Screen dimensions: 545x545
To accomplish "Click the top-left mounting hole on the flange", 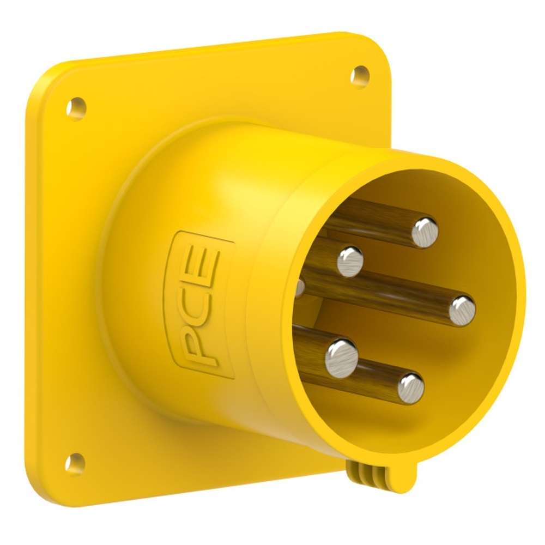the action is (x=76, y=109).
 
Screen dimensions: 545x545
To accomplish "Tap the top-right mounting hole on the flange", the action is (x=360, y=77).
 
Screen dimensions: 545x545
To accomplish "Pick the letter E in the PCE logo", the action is (x=202, y=267).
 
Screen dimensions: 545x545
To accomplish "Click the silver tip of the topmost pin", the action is (x=425, y=233).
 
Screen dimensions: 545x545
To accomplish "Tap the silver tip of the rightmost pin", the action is (x=462, y=311).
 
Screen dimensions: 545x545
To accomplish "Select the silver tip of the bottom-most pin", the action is (x=411, y=388).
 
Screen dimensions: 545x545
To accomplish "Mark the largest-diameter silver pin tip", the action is (x=341, y=359).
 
